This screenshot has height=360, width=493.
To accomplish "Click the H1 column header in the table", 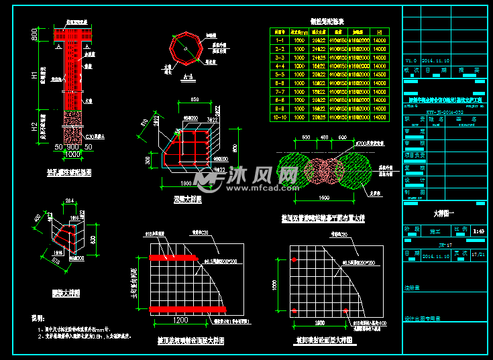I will pos(380,32).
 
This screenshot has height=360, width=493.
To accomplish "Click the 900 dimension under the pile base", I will pos(65,147).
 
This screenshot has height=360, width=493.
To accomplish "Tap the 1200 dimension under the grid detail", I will pos(180,320).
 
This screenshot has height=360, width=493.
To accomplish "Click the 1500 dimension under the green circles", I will pos(323,198).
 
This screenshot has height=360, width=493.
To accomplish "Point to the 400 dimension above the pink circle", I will pos(325,137).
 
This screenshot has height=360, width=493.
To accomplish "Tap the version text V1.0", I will pos(410,60).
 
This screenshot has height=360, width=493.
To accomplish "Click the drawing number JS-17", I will pos(442,245).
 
